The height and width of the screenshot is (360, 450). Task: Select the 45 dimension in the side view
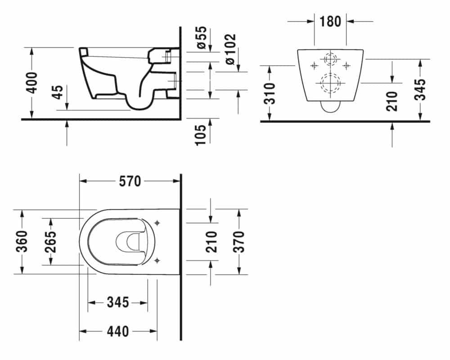pos(58,92)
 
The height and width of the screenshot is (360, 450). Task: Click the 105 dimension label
pos(201,135)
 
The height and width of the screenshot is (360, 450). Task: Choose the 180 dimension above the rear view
pos(330,22)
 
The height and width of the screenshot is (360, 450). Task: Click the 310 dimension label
pos(270,94)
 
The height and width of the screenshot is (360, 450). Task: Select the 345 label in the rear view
pos(420,89)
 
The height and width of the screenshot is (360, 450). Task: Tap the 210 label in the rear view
pos(392,101)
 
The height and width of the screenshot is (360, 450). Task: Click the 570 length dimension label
pos(130,181)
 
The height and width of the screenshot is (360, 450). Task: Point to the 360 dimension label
pos(22,242)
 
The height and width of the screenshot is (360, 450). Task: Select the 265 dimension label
pos(51,242)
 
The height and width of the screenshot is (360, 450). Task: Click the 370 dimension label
pos(239,242)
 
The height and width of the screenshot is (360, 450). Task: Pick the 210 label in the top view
pos(211,242)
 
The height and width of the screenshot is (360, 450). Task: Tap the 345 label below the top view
pos(118,302)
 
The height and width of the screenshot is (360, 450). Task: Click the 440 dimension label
pos(118,332)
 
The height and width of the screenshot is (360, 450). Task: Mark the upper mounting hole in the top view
pos(157,223)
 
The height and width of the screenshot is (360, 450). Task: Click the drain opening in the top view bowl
pos(128,242)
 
